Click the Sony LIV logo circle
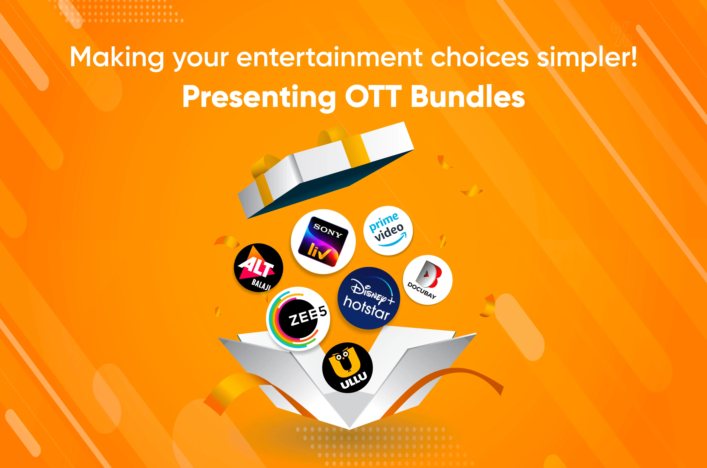pyautogui.click(x=323, y=241)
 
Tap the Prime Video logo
pyautogui.click(x=388, y=230)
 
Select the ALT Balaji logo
pyautogui.click(x=258, y=267)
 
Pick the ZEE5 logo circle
pyautogui.click(x=298, y=319)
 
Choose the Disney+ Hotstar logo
pyautogui.click(x=369, y=298)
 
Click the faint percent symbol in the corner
pyautogui.click(x=621, y=34)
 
